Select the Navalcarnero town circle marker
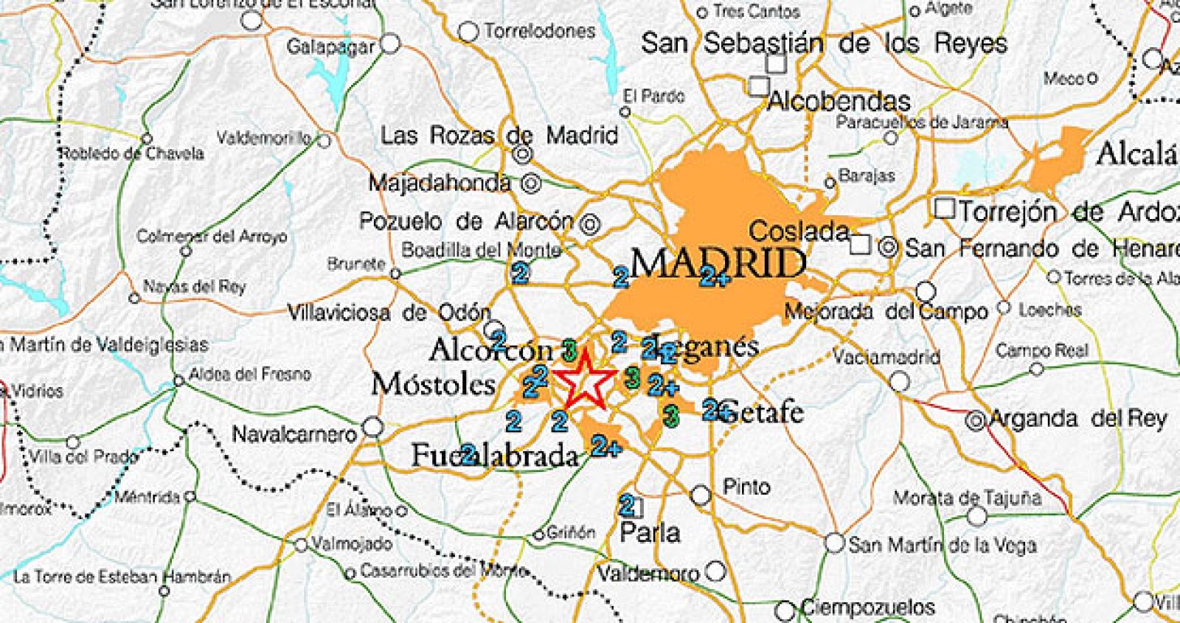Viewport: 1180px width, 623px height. [x=374, y=426]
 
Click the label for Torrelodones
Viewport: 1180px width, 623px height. [x=539, y=32]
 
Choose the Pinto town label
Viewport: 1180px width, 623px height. [x=746, y=487]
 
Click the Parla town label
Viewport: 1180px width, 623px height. [x=650, y=532]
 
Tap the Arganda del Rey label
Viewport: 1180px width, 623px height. [x=1077, y=419]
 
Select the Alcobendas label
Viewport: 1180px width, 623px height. [x=839, y=101]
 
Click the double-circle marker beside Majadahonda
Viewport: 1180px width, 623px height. [x=531, y=184]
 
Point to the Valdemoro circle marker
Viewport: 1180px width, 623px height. [x=715, y=571]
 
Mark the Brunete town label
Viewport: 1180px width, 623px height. [x=357, y=263]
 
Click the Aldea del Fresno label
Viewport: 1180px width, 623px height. [x=250, y=374]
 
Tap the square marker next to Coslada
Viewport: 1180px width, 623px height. [x=860, y=244]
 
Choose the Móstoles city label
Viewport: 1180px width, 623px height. [x=433, y=383]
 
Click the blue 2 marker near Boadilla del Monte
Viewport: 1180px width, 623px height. [x=520, y=274]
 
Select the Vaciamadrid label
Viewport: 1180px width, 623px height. [x=886, y=358]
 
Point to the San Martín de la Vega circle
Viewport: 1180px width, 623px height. [x=834, y=543]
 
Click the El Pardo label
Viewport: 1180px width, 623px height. [x=653, y=96]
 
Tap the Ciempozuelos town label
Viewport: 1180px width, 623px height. [x=867, y=608]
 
